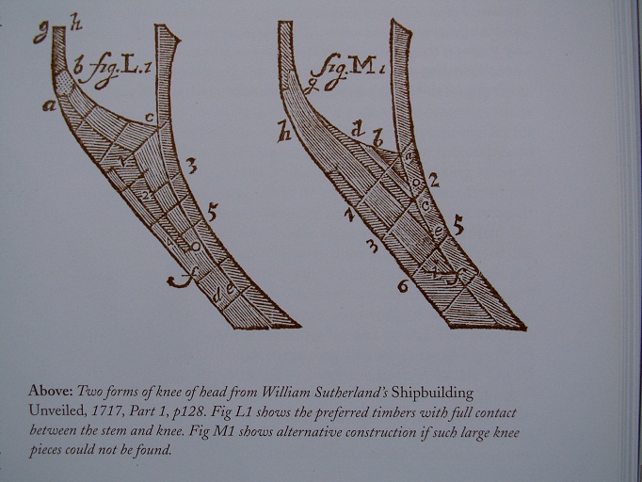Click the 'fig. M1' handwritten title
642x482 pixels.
pos(347,71)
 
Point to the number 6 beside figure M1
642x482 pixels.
pos(403,286)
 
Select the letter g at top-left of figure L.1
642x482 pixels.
pos(40,33)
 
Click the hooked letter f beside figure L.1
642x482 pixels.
pos(180,280)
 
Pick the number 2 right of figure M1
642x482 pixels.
pos(434,180)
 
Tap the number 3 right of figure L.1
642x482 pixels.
pos(191,167)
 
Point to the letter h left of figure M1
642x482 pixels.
pos(283,132)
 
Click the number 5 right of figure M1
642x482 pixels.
pos(458,226)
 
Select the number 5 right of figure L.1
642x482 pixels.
pos(212,212)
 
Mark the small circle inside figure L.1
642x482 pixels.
pos(196,247)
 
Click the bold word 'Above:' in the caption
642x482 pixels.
pos(50,391)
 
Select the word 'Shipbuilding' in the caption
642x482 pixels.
pos(432,394)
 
